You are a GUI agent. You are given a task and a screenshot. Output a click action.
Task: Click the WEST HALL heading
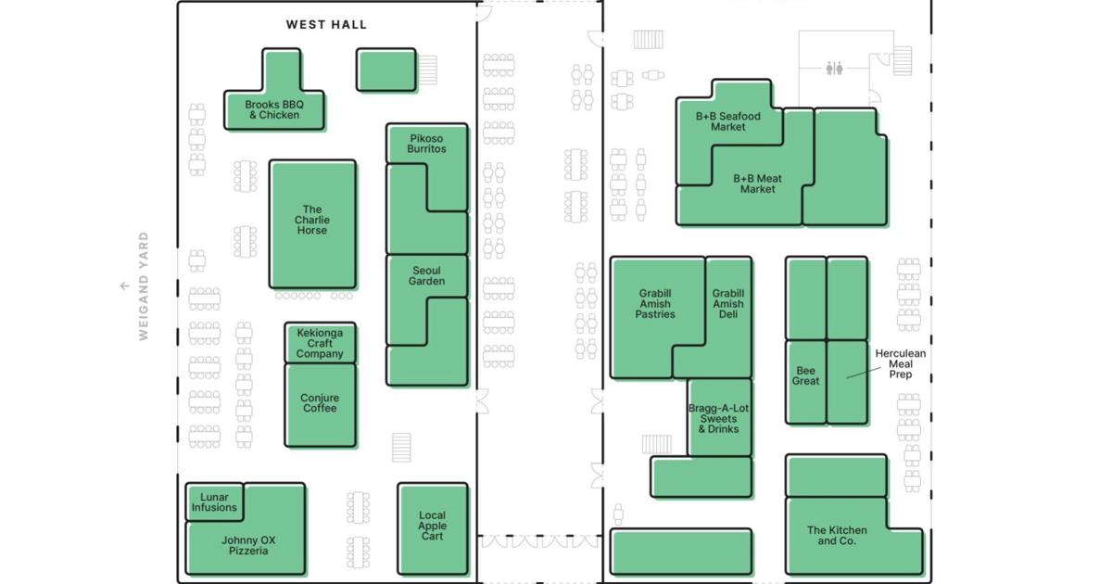(326, 25)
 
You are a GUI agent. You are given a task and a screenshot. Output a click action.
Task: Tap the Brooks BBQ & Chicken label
(274, 109)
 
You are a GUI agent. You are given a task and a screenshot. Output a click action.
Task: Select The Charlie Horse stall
(312, 224)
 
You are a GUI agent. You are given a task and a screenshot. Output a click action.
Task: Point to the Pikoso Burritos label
(426, 144)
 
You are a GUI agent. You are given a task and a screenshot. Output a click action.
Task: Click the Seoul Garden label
(426, 275)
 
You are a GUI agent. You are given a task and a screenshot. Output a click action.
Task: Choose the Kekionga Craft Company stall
(321, 343)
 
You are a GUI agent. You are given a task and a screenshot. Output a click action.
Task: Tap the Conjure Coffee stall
(321, 405)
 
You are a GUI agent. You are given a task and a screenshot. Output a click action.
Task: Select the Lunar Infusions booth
(214, 502)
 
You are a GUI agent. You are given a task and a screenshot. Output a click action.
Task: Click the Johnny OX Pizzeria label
(248, 545)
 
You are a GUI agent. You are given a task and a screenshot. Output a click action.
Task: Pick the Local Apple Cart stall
(433, 529)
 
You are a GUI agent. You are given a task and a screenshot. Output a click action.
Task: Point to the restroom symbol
(834, 69)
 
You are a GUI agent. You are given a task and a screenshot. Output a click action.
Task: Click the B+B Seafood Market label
(727, 121)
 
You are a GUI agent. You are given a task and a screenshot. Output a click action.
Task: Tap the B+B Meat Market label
(758, 184)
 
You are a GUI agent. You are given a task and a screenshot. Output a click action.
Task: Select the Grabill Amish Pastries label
(655, 303)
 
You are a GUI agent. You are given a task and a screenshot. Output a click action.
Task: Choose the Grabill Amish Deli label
(728, 303)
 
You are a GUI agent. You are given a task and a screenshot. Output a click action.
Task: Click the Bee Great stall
(805, 382)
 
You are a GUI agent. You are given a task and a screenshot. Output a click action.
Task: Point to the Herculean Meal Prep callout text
(900, 364)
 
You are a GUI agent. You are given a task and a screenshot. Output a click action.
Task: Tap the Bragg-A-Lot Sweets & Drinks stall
(719, 418)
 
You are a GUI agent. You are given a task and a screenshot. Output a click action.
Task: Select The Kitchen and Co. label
(837, 536)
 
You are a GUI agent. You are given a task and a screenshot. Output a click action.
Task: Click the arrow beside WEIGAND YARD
(124, 286)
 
